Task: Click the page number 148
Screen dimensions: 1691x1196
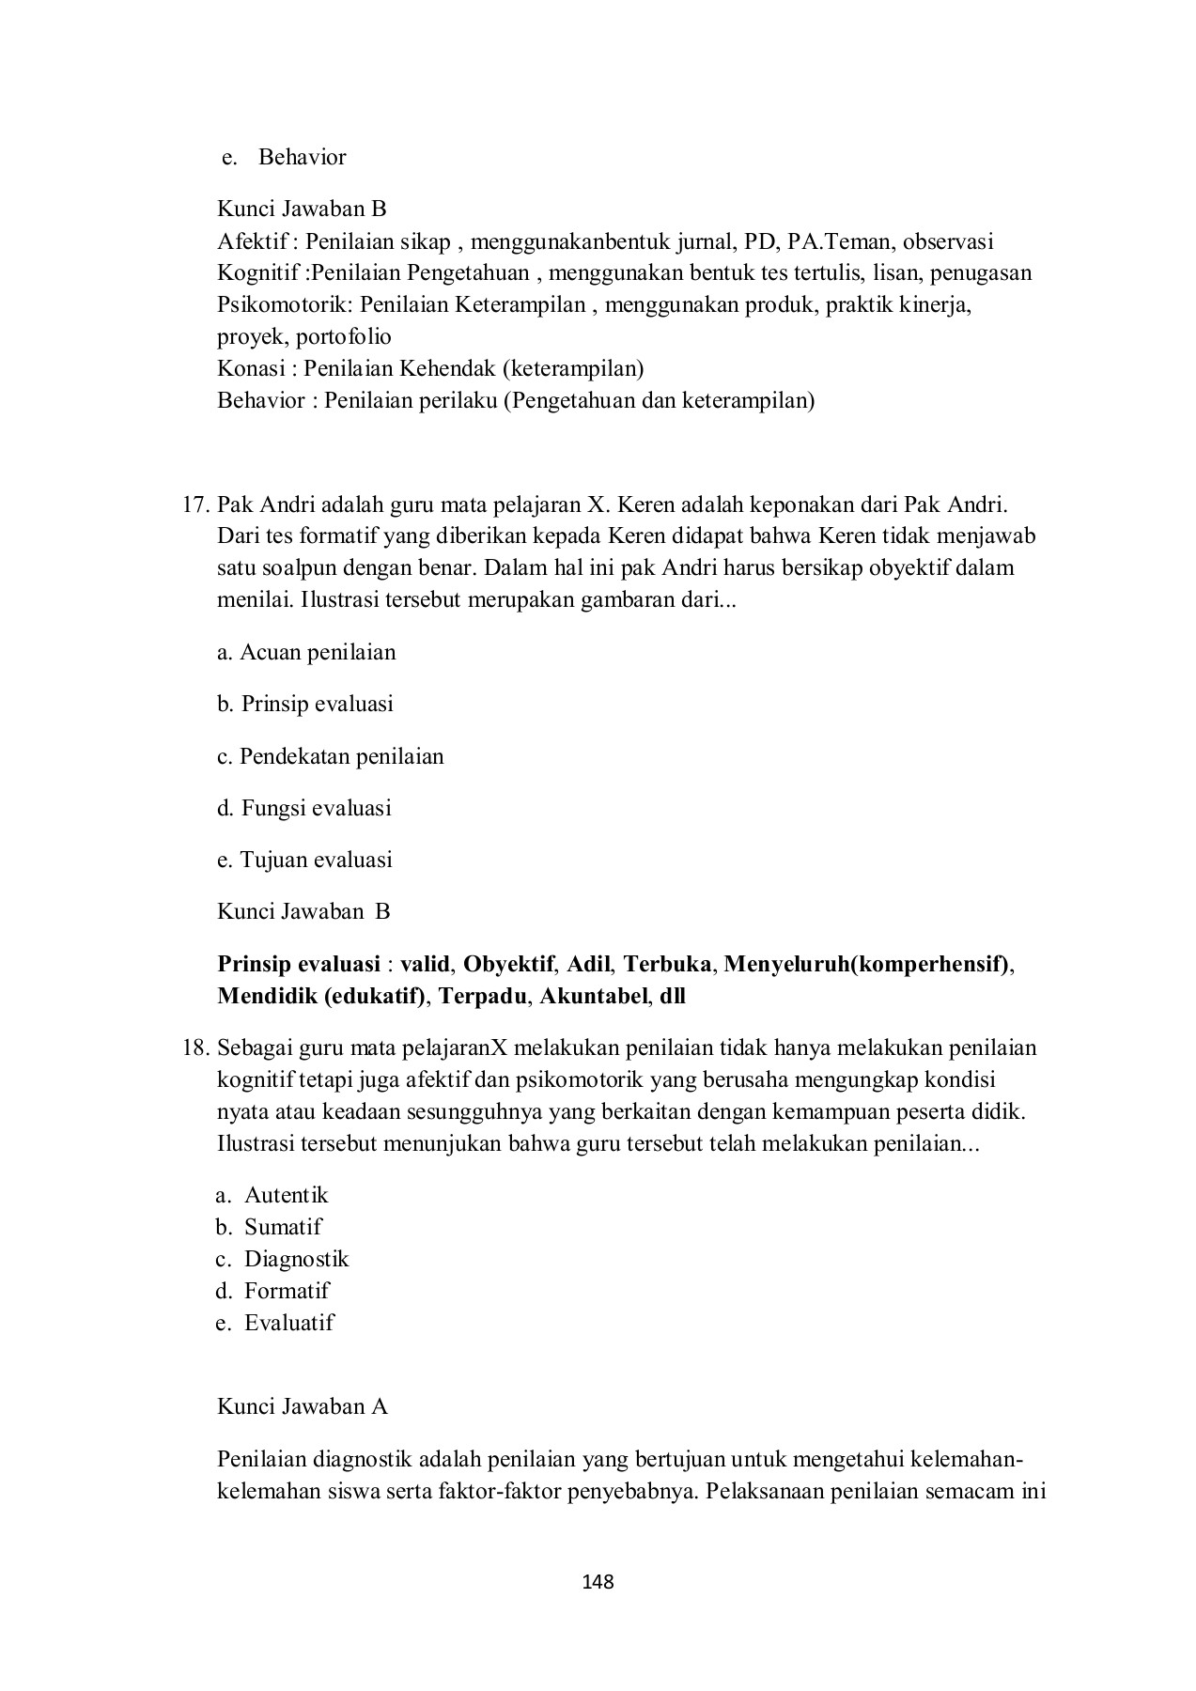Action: coord(598,1582)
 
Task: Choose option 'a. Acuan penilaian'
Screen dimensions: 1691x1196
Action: coord(306,652)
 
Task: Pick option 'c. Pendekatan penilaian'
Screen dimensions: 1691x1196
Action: coord(330,756)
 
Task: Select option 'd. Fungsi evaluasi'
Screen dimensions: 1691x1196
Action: coord(304,808)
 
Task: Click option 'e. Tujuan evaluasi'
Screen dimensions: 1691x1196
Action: coord(304,860)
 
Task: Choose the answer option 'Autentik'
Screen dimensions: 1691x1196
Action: coord(286,1195)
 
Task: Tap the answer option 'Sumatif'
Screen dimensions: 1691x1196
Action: coord(282,1227)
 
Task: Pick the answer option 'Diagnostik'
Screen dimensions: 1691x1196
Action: coord(296,1259)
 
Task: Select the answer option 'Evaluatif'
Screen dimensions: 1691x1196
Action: coord(288,1323)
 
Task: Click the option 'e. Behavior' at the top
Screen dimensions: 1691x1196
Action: coord(284,157)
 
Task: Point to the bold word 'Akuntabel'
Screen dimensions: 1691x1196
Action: coord(593,996)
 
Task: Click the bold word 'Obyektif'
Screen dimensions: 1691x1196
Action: coord(508,964)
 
